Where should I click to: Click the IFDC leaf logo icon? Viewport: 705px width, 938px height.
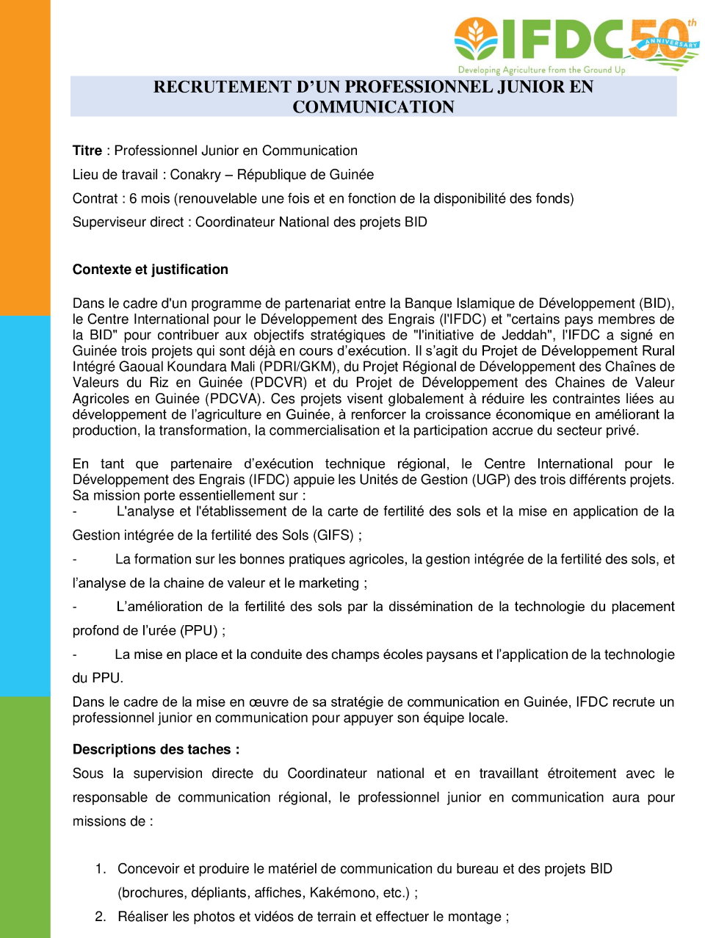(x=476, y=39)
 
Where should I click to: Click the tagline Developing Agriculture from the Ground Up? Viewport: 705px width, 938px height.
(x=541, y=70)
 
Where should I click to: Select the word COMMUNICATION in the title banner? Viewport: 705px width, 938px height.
(x=373, y=107)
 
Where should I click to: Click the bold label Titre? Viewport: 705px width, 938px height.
(x=87, y=151)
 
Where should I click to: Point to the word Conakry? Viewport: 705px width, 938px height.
(x=195, y=175)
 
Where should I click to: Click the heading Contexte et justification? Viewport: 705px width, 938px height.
(x=150, y=270)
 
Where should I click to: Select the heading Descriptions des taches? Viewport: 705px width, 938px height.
(x=156, y=749)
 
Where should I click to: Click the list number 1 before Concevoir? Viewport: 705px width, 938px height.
(x=100, y=869)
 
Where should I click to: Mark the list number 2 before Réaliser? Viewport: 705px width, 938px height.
(x=100, y=917)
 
